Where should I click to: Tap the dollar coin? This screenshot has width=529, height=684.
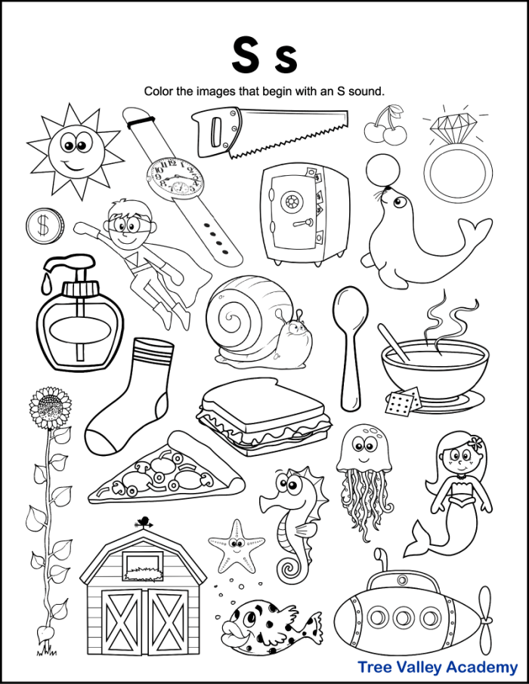(38, 226)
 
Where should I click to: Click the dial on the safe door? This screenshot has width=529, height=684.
(290, 202)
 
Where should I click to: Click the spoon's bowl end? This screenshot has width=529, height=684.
(349, 308)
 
